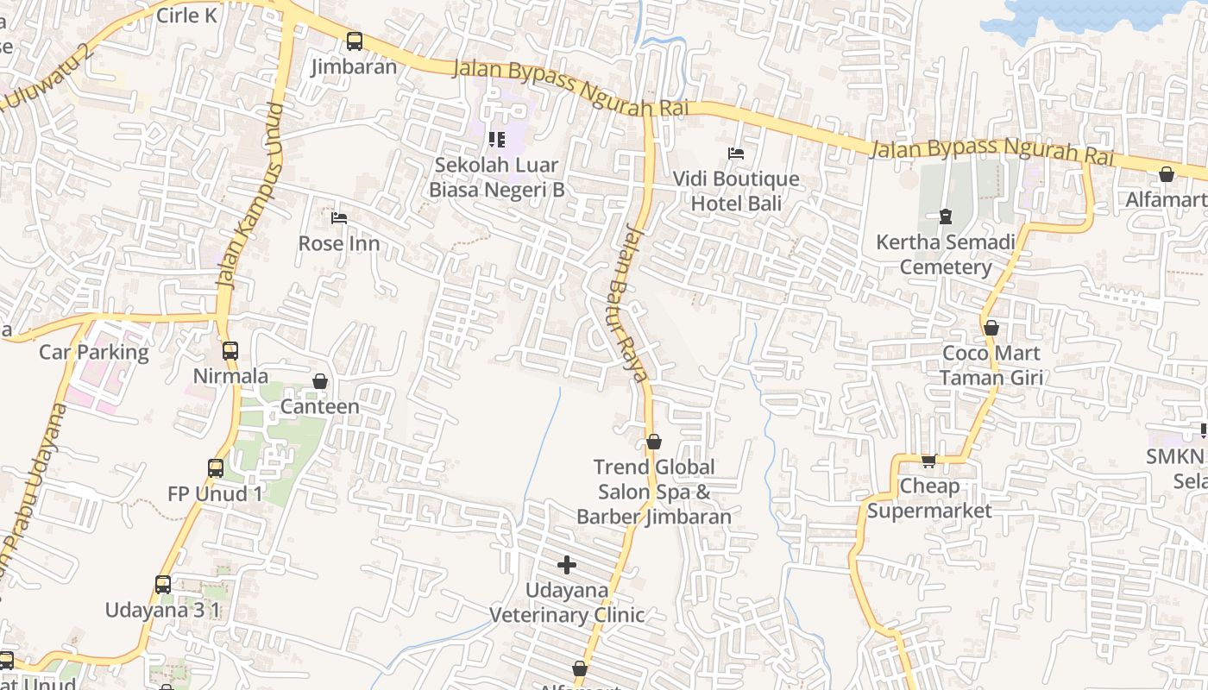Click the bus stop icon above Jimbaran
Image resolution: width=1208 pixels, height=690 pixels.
point(354,41)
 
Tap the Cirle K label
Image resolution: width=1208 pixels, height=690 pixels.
point(187,16)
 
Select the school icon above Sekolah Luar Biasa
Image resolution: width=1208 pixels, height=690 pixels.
point(496,139)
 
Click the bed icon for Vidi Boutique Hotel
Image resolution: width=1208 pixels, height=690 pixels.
point(736,154)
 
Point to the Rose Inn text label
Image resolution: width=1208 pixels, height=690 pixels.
point(338,243)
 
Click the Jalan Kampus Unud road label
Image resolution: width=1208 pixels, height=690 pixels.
point(250,195)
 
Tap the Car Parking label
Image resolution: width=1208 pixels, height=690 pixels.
point(94,352)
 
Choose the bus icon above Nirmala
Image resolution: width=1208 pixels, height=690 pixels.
point(230,350)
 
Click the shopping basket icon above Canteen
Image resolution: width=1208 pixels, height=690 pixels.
point(320,380)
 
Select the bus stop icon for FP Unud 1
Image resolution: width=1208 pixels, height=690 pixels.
point(216,468)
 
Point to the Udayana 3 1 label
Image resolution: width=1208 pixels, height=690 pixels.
point(163,610)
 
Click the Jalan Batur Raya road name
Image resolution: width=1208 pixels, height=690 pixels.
point(636,303)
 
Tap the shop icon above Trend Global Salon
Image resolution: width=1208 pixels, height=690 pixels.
point(654,442)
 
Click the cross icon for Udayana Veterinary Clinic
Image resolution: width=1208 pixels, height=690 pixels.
point(567,565)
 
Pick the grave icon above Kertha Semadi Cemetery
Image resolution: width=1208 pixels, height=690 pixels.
point(946,216)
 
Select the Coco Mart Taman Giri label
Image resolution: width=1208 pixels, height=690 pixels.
point(991,365)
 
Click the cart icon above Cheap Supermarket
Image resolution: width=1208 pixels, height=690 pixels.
point(928,461)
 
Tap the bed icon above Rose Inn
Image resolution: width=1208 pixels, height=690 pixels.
point(339,218)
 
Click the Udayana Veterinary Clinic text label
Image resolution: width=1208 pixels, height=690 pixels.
point(567,602)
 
